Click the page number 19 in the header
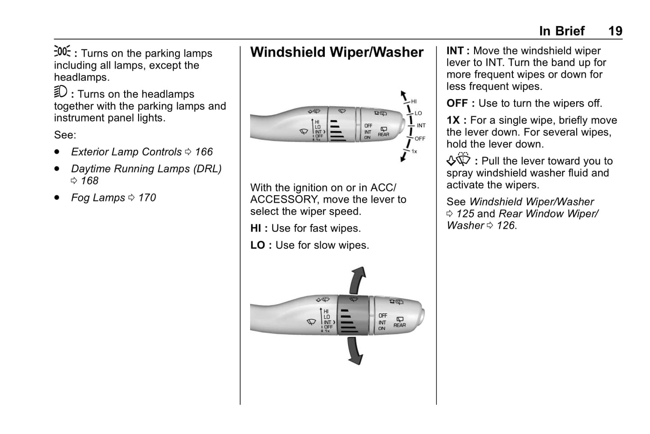615,31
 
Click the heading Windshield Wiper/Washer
336,52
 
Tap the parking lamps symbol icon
62,51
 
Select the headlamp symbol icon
60,92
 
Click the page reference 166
204,152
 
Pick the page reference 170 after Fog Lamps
147,198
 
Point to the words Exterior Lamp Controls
126,152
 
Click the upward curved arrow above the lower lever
358,279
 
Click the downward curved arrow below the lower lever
355,351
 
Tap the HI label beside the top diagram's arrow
413,102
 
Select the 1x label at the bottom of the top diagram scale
414,152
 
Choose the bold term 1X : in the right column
456,121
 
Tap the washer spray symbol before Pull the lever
458,160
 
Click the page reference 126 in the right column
506,226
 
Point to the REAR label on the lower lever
399,325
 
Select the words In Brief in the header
562,31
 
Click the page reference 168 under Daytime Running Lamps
90,181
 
